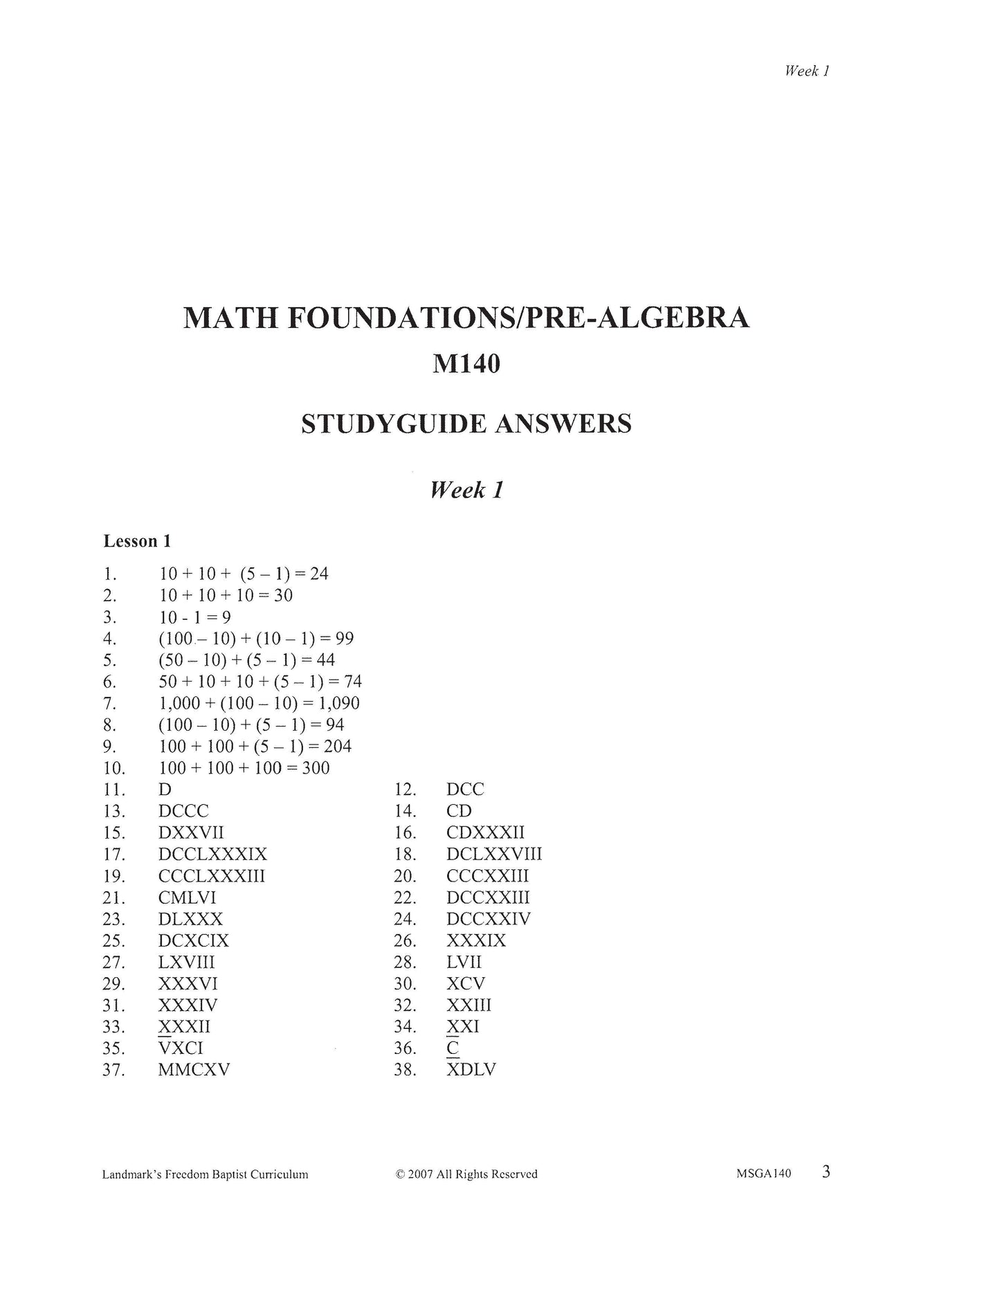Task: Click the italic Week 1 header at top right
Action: (807, 71)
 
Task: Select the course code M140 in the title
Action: (466, 364)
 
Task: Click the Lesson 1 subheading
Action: (137, 541)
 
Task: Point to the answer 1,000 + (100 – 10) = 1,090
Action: (259, 704)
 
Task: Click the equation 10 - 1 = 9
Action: (194, 617)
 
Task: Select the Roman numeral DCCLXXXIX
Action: (212, 855)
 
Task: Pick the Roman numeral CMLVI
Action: (188, 898)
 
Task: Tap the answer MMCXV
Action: (194, 1070)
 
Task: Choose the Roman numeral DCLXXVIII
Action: (494, 855)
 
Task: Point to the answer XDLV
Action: (471, 1070)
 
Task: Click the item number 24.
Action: (405, 920)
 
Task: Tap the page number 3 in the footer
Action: (826, 1172)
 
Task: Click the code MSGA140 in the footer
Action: (764, 1174)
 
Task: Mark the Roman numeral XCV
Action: (466, 984)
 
